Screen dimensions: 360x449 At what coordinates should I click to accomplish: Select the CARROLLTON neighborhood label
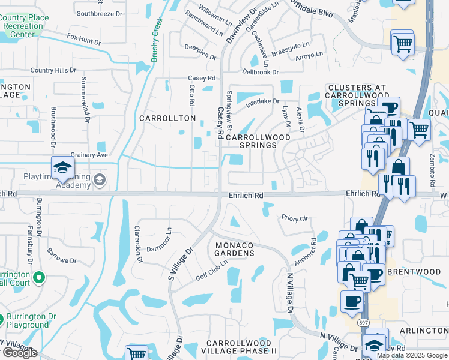(167, 118)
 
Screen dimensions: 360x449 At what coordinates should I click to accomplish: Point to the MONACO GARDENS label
(235, 250)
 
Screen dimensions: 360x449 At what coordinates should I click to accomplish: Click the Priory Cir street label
(294, 218)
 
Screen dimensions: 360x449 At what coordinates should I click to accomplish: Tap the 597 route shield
(363, 322)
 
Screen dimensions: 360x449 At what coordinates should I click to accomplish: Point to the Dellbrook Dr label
(261, 72)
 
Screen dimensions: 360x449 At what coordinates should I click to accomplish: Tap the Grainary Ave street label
(89, 155)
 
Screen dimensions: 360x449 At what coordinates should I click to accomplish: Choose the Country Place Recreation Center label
(24, 26)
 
